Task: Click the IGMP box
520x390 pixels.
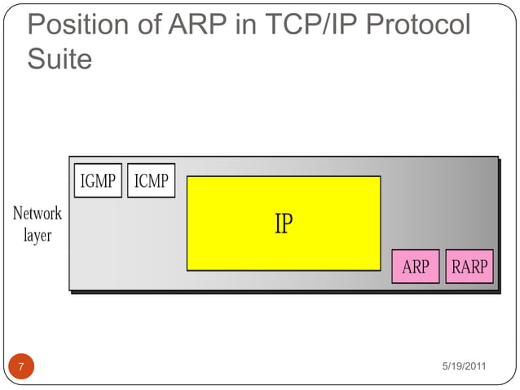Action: (x=98, y=180)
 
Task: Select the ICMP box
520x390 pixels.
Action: (x=151, y=180)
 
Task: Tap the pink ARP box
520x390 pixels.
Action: (x=416, y=267)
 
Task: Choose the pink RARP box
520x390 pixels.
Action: (x=469, y=267)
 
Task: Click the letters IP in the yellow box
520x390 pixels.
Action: (x=283, y=224)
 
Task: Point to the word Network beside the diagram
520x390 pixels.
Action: (x=37, y=214)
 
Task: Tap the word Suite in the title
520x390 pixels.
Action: (x=59, y=59)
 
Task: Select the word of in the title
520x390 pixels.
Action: (x=149, y=25)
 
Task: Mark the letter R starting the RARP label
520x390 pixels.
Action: (x=456, y=267)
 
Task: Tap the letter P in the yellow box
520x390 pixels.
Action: (x=286, y=224)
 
